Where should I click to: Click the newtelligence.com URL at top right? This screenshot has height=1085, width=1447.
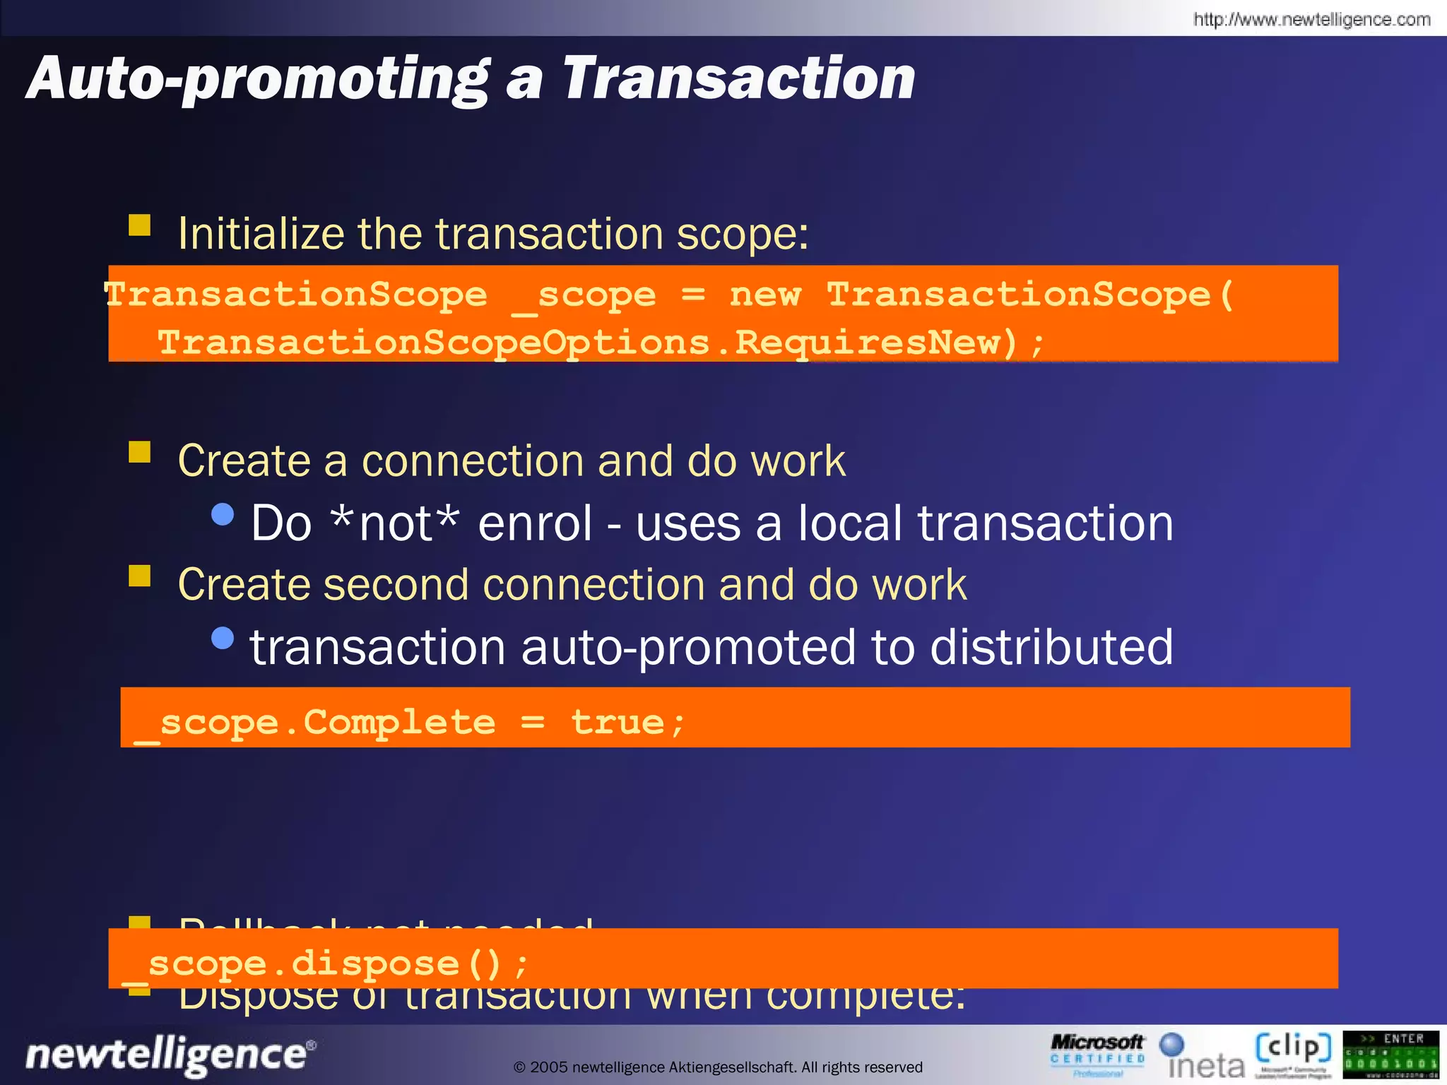1311,19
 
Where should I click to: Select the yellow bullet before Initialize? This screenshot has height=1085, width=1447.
140,225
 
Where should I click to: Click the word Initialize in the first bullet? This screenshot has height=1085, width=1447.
261,233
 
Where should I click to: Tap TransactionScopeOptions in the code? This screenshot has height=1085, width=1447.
433,343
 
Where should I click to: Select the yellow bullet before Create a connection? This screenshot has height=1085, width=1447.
140,452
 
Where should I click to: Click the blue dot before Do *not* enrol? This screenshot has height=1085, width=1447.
223,514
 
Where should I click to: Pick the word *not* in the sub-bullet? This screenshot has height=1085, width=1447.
395,523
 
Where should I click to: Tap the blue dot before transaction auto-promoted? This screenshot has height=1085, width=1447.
223,638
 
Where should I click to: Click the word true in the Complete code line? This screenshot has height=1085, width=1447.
617,722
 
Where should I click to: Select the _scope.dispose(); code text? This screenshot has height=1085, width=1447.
325,964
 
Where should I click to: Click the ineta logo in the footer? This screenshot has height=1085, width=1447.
1203,1057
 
